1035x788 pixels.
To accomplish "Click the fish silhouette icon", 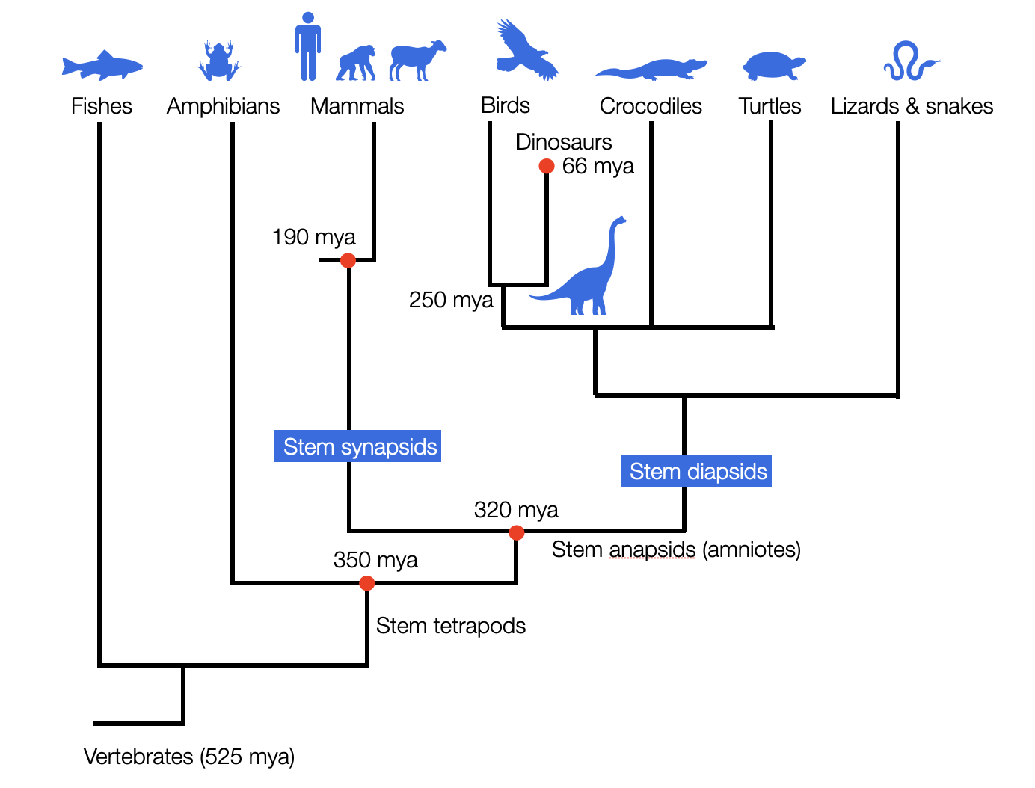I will [x=102, y=66].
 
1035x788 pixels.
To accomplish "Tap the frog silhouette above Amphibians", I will [x=218, y=61].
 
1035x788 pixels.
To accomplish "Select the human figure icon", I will [x=307, y=46].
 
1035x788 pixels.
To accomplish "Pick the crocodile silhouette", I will [x=651, y=70].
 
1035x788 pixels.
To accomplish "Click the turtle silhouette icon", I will [x=773, y=66].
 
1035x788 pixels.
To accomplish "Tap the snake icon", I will [x=909, y=62].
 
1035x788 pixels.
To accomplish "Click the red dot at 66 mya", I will [x=547, y=166].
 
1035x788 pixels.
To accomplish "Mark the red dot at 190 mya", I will [x=348, y=260].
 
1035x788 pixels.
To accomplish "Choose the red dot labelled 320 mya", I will [x=516, y=532].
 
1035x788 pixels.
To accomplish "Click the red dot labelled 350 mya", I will [x=366, y=582].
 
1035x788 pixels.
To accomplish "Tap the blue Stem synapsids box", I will [x=358, y=446].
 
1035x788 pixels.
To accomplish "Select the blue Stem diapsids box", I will [x=696, y=471].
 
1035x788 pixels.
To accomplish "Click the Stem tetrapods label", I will [x=450, y=626].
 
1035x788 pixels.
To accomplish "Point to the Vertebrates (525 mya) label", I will [x=189, y=757].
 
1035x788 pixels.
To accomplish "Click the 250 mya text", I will [x=451, y=300].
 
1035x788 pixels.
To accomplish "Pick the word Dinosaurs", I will [x=564, y=142].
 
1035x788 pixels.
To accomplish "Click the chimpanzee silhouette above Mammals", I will [x=356, y=64].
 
